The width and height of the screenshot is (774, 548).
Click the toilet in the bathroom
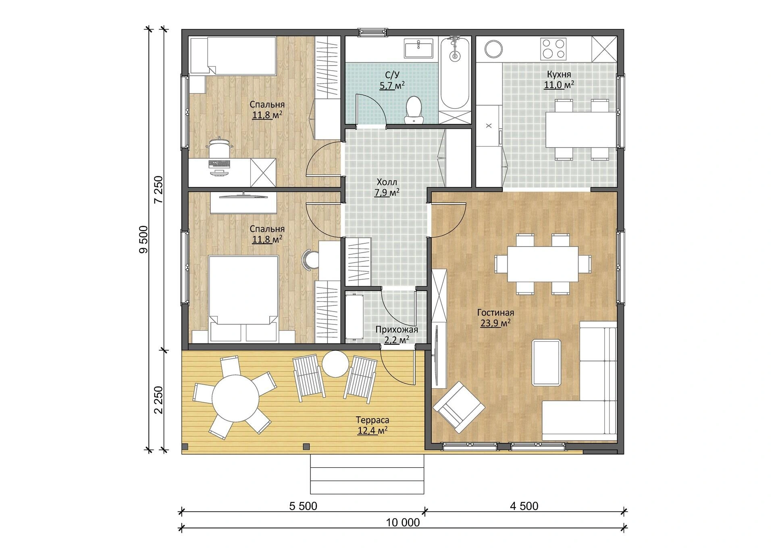414,109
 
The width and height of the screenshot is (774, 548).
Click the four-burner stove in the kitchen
553,49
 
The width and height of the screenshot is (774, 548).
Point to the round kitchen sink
493,49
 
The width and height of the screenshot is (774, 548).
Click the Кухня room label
559,75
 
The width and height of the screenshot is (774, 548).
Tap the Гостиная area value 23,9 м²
495,323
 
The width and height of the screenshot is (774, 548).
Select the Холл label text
387,182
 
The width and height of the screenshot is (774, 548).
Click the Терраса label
372,420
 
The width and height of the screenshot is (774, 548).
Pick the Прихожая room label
397,330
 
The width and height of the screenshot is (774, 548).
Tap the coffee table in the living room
546,362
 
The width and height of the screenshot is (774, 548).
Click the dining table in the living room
543,264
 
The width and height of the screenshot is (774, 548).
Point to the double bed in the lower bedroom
243,289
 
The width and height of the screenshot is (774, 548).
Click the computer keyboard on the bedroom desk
220,164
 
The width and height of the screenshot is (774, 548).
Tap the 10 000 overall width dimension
403,523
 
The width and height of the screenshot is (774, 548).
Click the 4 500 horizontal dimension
524,506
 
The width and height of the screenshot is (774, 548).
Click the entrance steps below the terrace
367,474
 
